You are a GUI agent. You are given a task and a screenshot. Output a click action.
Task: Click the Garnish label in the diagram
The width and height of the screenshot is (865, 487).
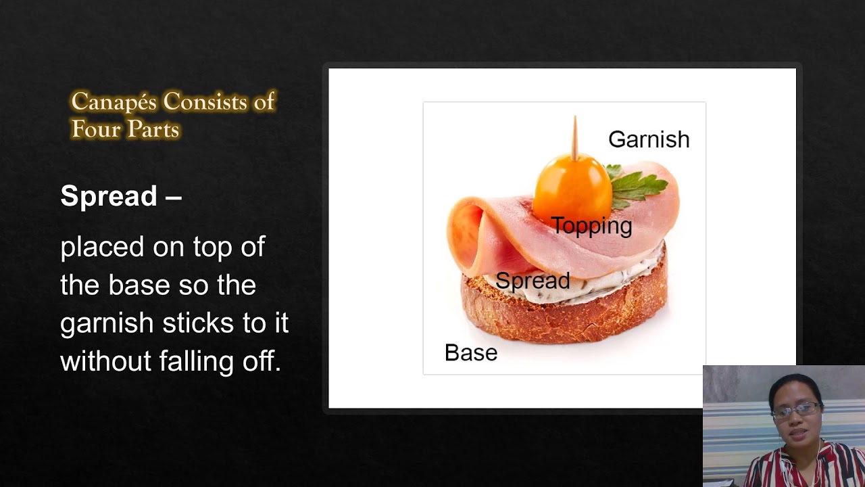pos(648,139)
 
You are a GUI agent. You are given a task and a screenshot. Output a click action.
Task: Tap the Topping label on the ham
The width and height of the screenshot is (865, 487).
pos(591,226)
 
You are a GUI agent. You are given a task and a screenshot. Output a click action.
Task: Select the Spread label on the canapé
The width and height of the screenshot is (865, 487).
pos(533,281)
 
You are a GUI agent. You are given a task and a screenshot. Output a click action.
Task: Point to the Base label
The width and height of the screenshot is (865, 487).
pos(470,353)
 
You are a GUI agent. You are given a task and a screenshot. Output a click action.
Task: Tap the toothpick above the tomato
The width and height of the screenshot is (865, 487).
pos(575,136)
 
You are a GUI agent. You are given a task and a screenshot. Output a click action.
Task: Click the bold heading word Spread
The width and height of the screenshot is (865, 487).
pos(109,196)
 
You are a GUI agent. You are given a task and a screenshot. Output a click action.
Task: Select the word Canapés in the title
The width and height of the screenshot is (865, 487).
pos(114,102)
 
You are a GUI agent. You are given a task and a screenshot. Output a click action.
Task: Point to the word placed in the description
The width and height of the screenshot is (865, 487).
pos(101,248)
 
